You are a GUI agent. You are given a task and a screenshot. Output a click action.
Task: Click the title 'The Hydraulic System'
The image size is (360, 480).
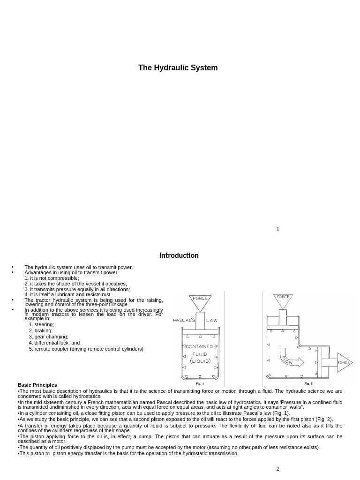coord(178,68)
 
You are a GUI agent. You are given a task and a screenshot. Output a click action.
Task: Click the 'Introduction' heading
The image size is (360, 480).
coord(179,255)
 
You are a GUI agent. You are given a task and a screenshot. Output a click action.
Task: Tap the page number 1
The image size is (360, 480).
coord(277,229)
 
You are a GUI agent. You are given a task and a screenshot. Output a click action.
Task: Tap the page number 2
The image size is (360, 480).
coord(277,469)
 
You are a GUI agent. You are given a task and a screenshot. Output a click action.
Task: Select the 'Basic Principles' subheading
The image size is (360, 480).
coord(37,385)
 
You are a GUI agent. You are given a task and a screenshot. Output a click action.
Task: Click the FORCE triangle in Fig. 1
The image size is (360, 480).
coord(200,302)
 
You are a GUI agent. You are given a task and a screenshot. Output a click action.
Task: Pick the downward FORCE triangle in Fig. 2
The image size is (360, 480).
coord(283,300)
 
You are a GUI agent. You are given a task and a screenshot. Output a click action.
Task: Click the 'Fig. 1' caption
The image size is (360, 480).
coord(200,383)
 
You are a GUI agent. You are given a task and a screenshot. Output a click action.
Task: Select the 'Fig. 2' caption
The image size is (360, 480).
coord(308,383)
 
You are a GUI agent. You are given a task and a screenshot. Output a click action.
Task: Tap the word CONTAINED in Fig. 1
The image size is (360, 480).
coord(200,346)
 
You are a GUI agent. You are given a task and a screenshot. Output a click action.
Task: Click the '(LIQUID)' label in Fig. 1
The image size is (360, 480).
coord(200,361)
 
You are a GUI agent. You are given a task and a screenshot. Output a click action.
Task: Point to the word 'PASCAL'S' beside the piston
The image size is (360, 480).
coord(184,321)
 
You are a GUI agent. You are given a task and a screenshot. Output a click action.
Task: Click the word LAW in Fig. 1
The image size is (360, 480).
coord(212,321)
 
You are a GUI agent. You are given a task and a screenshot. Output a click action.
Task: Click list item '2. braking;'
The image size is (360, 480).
coord(41,330)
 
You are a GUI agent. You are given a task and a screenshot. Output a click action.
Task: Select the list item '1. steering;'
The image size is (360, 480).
coord(41,324)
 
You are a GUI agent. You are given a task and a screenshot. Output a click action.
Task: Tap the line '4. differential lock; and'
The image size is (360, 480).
coord(54,343)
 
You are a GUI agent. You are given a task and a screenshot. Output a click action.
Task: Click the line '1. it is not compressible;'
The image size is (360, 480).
coord(52,278)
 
